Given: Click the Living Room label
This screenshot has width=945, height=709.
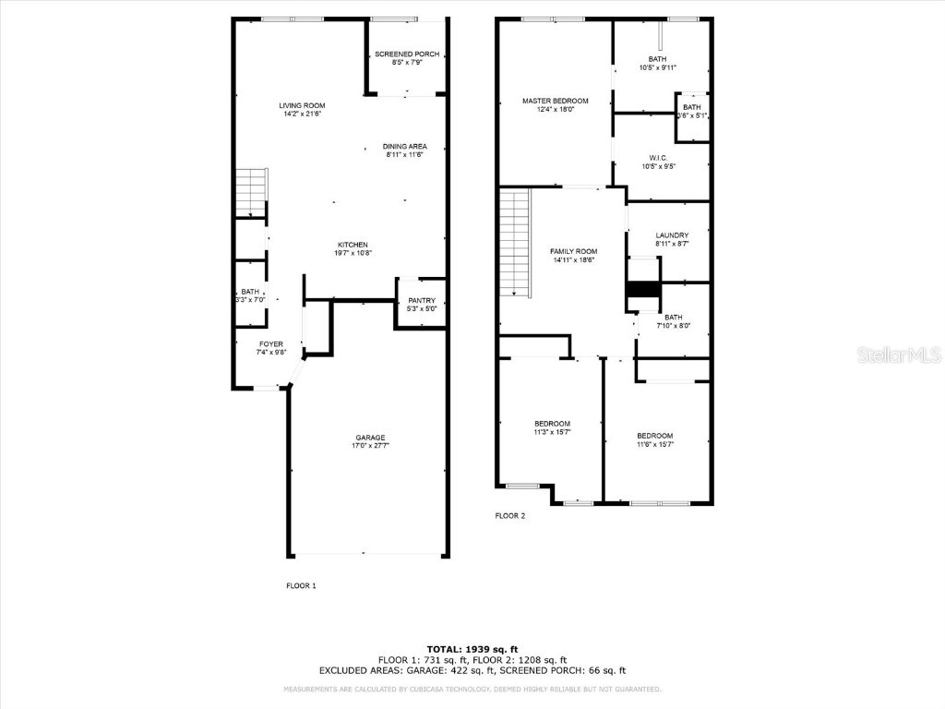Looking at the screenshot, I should pos(302,105).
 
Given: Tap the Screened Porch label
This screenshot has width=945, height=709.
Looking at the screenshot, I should pos(407,54).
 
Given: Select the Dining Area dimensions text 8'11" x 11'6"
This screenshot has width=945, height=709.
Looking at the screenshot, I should pos(405,155).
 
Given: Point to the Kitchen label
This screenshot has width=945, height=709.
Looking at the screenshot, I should pos(352,245).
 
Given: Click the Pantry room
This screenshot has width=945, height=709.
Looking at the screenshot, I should pos(421,304).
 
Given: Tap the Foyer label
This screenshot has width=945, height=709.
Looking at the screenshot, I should pos(270,343).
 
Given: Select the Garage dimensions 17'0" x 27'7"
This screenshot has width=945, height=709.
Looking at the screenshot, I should pos(370,446).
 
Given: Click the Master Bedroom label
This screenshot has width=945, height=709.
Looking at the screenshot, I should pos(555,101).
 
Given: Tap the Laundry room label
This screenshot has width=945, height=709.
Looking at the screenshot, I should pos(672,234).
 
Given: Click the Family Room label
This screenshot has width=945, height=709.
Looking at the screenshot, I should pos(574,251).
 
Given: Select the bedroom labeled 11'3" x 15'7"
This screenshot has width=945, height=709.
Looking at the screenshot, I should pos(552,427).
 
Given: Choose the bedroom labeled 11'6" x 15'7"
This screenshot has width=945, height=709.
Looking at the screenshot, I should pos(654,439).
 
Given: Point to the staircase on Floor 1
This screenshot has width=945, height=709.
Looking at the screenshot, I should pos(251,192).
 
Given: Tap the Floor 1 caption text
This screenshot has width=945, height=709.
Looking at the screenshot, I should pos(301,585).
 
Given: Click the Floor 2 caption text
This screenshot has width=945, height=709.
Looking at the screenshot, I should pos(509,516).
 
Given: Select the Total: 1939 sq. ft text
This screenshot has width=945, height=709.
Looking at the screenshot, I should pos(472,649).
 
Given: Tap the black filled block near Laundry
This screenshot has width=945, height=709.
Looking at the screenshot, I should pos(643,290).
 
